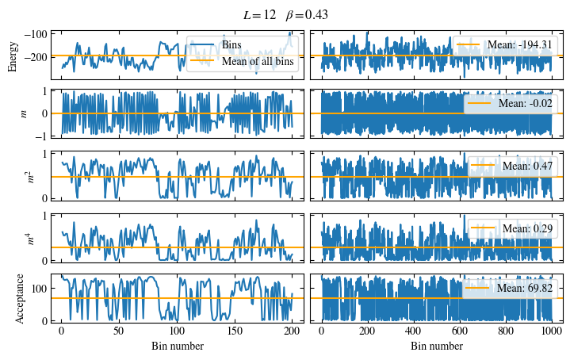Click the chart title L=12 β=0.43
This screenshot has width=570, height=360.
(x=285, y=14)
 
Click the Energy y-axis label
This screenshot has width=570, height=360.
(x=13, y=56)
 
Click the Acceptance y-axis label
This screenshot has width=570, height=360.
(x=21, y=299)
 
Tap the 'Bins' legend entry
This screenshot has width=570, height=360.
(x=232, y=44)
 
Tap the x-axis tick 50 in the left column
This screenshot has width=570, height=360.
(x=119, y=331)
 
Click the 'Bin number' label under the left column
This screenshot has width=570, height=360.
(x=177, y=347)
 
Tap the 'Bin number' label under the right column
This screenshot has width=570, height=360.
(x=437, y=347)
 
